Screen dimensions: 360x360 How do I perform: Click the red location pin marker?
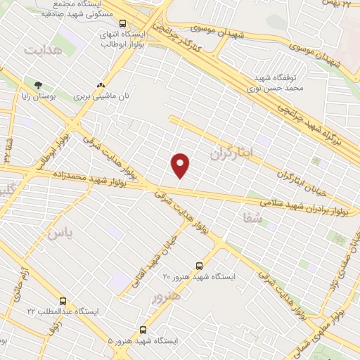(181, 165)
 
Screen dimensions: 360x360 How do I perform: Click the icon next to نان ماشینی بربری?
(101, 84)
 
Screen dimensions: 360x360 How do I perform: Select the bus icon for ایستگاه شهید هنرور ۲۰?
(200, 266)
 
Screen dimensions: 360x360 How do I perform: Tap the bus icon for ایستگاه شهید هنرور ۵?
(143, 329)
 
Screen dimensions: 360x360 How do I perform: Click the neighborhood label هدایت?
(43, 50)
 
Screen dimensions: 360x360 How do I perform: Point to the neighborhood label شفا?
(252, 219)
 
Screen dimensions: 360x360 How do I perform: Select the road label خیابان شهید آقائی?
(152, 259)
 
